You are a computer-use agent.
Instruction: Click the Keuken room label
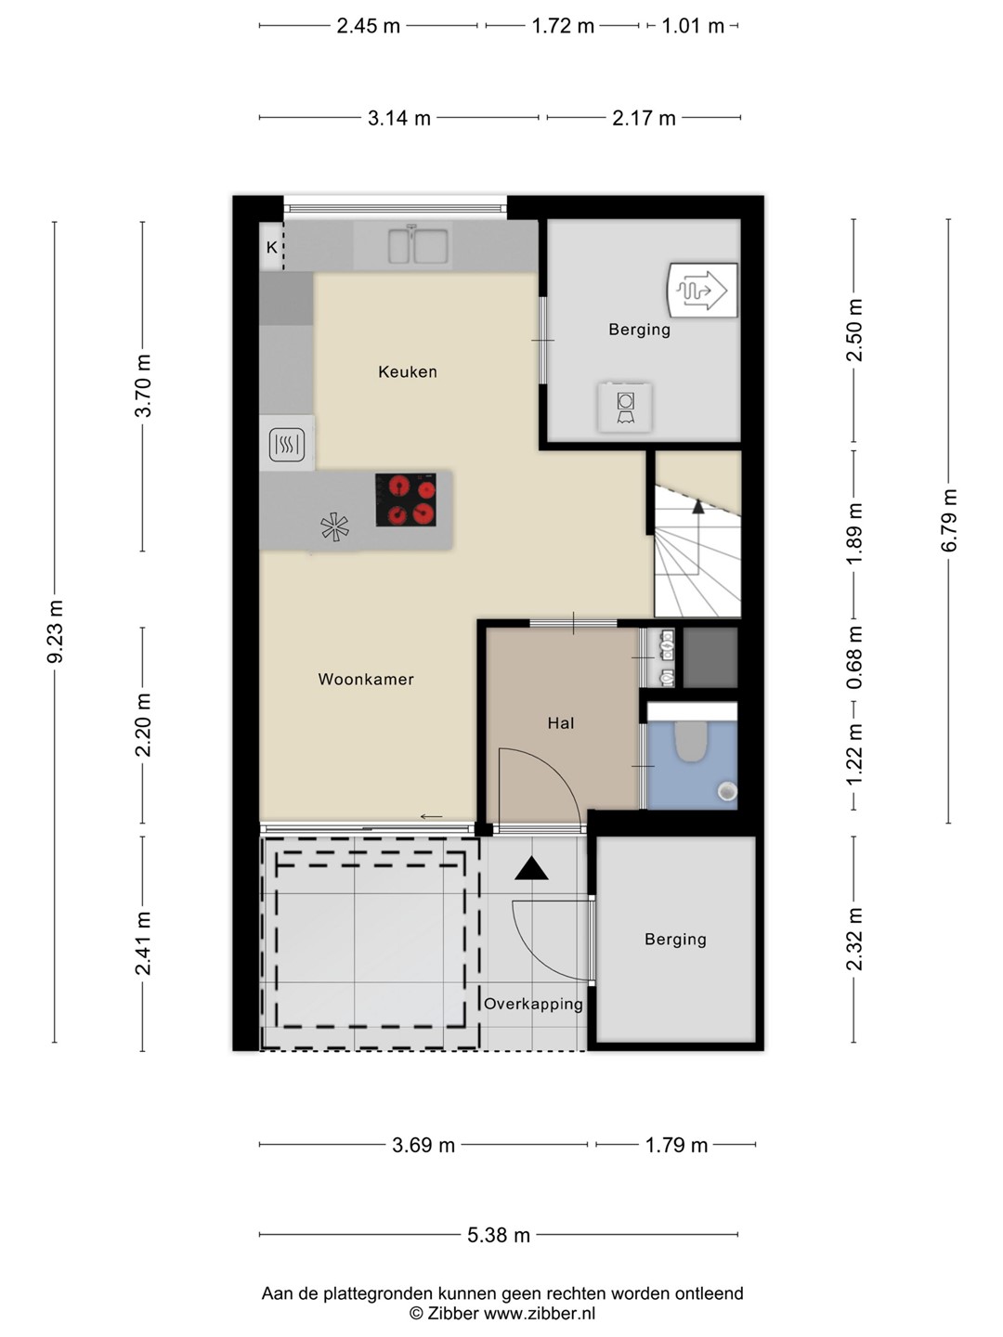[408, 371]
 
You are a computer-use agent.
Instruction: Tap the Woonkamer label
[366, 679]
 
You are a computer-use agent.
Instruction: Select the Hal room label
[561, 723]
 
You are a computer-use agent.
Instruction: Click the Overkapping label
[533, 1004]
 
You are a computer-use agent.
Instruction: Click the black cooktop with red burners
[406, 500]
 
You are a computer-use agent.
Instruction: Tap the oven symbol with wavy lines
[287, 445]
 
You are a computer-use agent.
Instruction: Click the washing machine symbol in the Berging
[625, 407]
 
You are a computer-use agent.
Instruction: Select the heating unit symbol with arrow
[703, 291]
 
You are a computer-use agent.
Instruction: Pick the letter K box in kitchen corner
[271, 247]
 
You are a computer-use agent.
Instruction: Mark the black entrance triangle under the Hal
[531, 868]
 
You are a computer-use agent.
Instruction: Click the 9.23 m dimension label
[56, 631]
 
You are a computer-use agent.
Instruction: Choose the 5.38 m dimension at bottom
[499, 1235]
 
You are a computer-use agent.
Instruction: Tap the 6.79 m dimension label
[949, 521]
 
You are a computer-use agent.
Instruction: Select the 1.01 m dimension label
[693, 26]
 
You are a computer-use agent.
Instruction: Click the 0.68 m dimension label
[854, 658]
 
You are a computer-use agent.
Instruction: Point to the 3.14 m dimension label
[399, 118]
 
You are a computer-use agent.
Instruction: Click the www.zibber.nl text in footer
[539, 1313]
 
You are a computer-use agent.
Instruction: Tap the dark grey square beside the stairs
[710, 658]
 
